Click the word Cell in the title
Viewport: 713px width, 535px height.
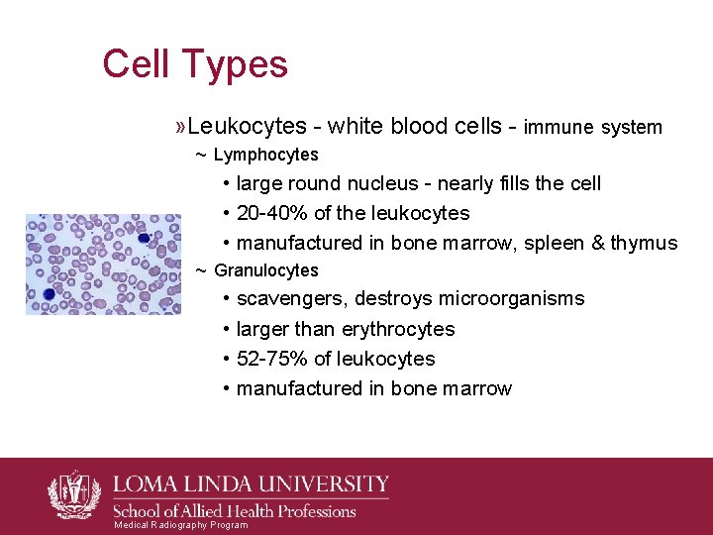(136, 64)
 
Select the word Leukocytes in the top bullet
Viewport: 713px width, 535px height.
(247, 127)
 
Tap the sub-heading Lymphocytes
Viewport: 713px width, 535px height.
(265, 155)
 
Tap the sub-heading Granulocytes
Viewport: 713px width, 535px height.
(265, 270)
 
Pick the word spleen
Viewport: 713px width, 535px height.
(558, 243)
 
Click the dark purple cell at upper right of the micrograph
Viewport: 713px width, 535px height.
(144, 238)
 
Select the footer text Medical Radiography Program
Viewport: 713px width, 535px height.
(180, 525)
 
